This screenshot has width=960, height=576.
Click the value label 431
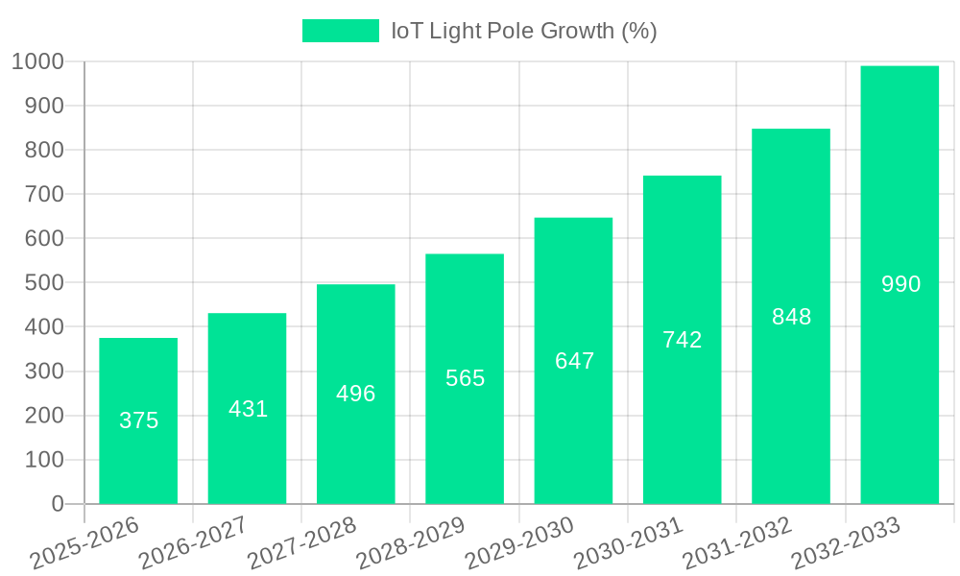[248, 409]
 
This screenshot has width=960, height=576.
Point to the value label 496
[356, 394]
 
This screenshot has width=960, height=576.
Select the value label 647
[574, 361]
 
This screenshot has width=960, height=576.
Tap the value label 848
[791, 317]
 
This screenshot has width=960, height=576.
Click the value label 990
[900, 284]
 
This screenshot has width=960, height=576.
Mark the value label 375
[138, 420]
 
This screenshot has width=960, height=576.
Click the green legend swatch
[340, 31]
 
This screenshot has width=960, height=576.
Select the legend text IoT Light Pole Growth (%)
[523, 31]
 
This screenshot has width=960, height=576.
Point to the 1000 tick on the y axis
[38, 62]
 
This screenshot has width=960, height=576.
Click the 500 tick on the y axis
[44, 283]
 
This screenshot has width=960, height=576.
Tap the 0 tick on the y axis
[58, 504]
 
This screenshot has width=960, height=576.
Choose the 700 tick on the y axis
[44, 195]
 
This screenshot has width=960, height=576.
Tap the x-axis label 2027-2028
[302, 543]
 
